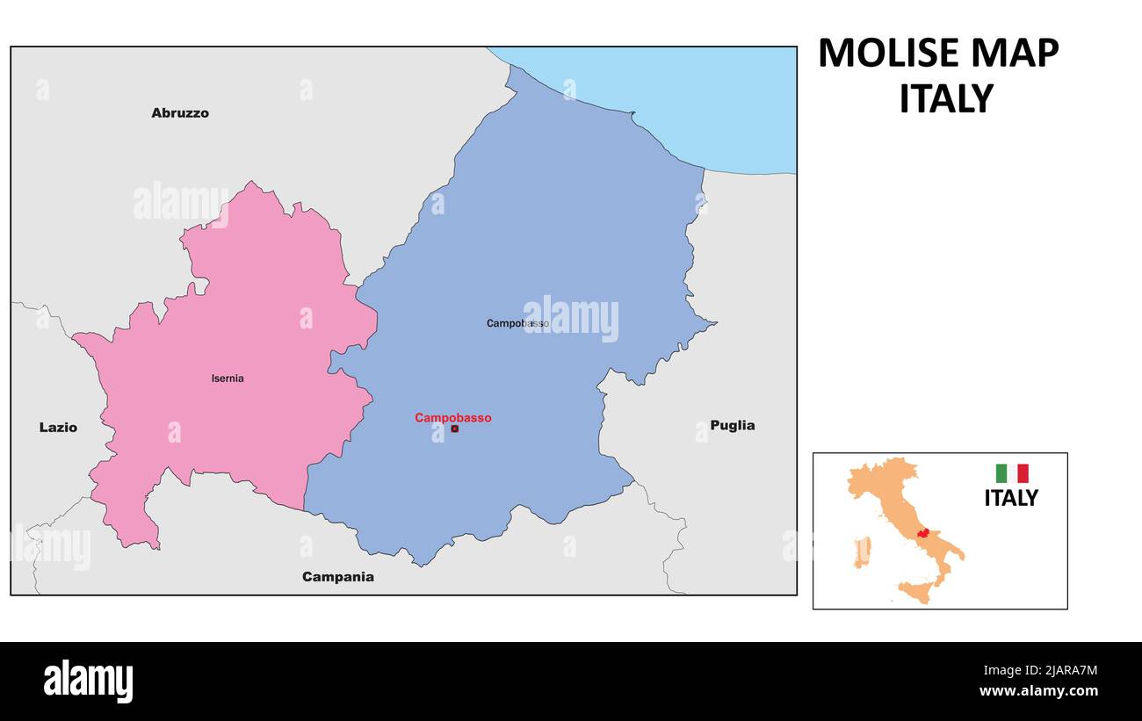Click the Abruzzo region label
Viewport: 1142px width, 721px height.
[x=180, y=112]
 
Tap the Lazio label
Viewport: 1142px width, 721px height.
[x=58, y=428]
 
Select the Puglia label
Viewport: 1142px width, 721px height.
[x=732, y=425]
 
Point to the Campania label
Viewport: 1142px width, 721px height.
[x=337, y=577]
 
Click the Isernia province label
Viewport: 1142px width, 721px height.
[x=228, y=379]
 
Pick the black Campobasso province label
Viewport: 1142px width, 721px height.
[x=517, y=323]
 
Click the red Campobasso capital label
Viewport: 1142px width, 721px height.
[x=453, y=418]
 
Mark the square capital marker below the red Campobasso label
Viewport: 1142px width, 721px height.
[x=454, y=429]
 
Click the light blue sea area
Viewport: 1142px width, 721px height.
[x=703, y=97]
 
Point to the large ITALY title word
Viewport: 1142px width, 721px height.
[x=945, y=99]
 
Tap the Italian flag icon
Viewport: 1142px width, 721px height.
[x=1011, y=473]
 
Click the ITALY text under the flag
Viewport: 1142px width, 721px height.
[x=1010, y=498]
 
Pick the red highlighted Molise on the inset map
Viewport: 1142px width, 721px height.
[x=922, y=533]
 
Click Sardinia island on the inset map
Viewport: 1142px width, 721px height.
[x=862, y=552]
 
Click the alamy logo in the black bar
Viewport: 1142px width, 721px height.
[x=88, y=681]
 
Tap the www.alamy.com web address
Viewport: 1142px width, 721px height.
[x=1037, y=691]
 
